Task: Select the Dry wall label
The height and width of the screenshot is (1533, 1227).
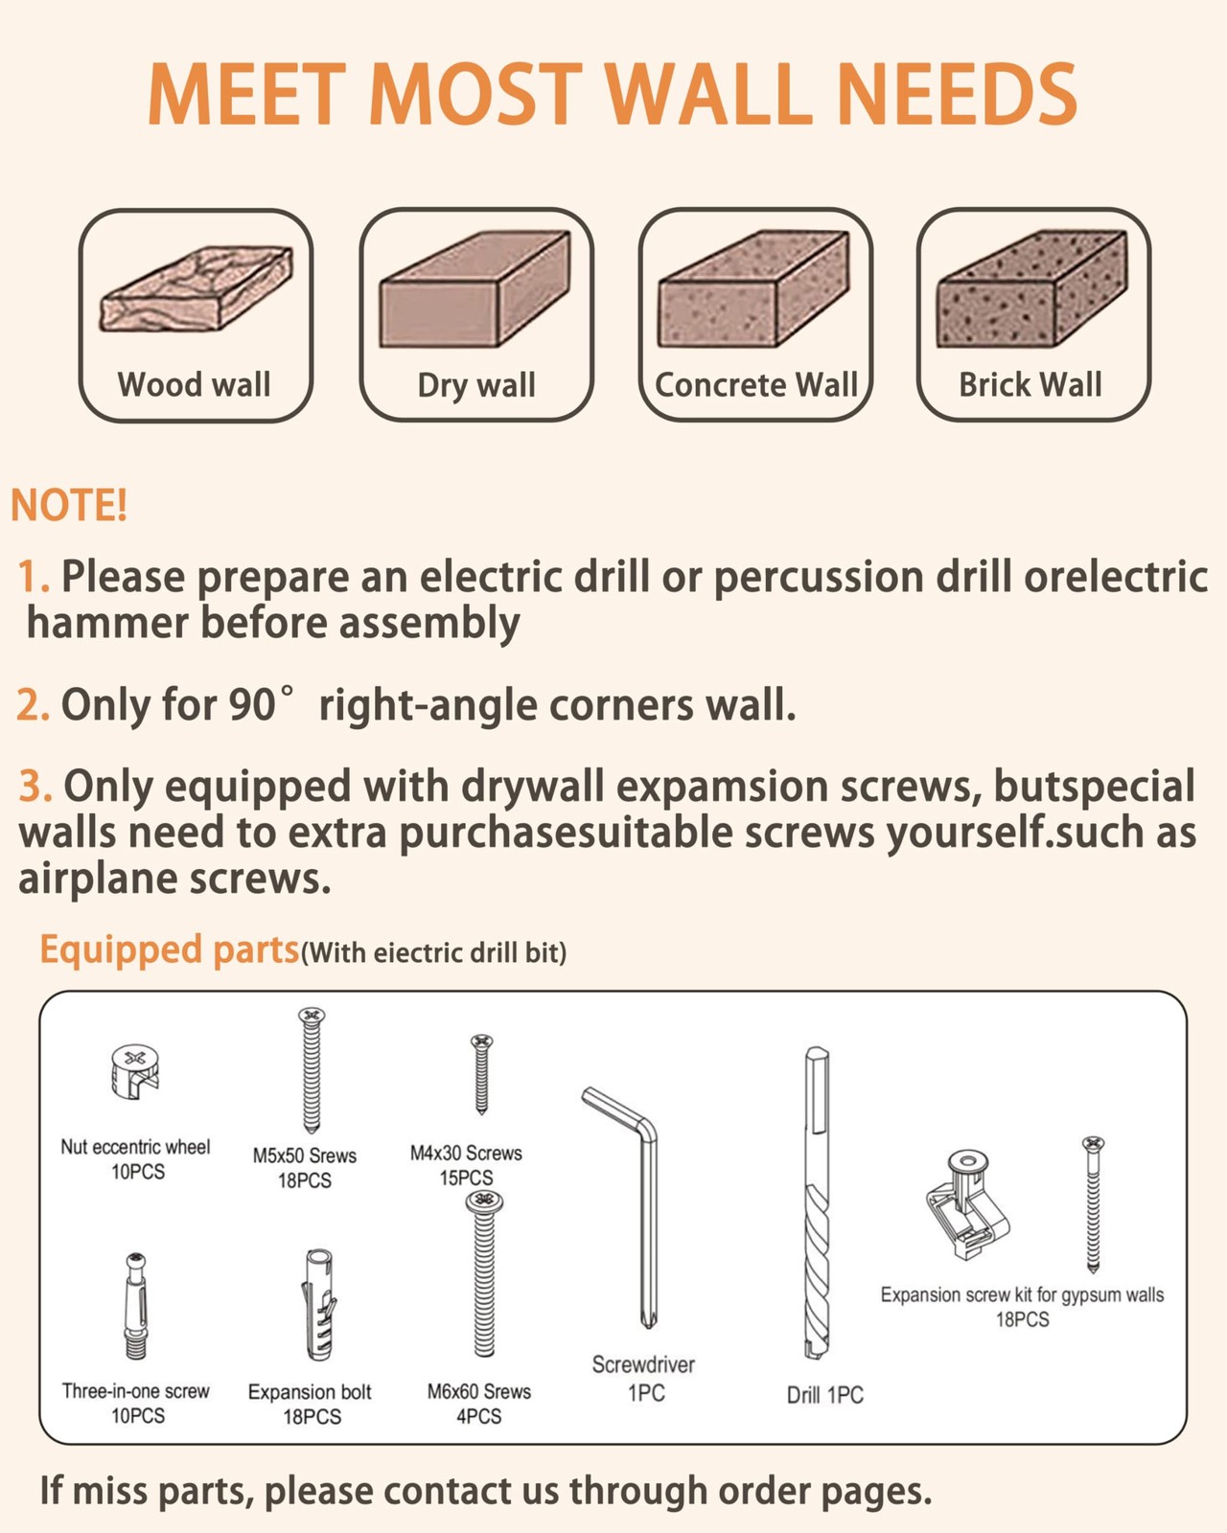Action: click(x=476, y=385)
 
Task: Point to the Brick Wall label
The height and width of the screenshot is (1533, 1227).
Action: click(x=1030, y=384)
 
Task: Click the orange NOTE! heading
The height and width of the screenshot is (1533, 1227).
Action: click(x=69, y=505)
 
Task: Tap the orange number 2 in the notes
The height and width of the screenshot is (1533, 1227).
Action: click(x=32, y=705)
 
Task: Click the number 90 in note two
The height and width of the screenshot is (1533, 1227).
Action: click(x=252, y=705)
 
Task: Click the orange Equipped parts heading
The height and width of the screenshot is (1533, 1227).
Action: click(x=169, y=950)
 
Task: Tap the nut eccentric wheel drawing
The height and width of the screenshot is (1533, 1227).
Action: click(x=135, y=1071)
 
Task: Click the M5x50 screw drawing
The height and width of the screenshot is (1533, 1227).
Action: click(x=312, y=1069)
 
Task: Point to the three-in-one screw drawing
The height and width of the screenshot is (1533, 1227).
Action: click(x=136, y=1307)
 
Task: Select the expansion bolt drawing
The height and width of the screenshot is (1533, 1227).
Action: click(x=318, y=1305)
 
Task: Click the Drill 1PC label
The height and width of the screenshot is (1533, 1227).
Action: click(x=825, y=1395)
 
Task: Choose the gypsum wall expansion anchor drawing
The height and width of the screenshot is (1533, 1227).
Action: click(x=968, y=1204)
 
